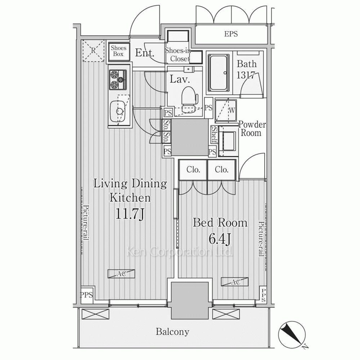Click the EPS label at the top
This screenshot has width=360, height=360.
pyautogui.click(x=231, y=34)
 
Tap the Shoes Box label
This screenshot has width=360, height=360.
pyautogui.click(x=118, y=51)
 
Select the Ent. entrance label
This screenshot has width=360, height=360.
pyautogui.click(x=144, y=53)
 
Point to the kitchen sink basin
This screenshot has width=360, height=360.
pyautogui.click(x=118, y=112)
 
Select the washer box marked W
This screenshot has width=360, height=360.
pyautogui.click(x=226, y=111)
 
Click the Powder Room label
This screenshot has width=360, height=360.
pyautogui.click(x=252, y=129)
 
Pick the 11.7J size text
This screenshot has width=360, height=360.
pyautogui.click(x=130, y=214)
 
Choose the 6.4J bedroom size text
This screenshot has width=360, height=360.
pyautogui.click(x=219, y=239)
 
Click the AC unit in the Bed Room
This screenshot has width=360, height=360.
pyautogui.click(x=235, y=282)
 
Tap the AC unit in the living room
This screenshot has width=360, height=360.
pyautogui.click(x=121, y=274)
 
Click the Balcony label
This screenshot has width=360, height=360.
pyautogui.click(x=172, y=332)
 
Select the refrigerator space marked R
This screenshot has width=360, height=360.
pyautogui.click(x=94, y=51)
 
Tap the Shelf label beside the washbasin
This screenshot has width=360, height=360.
pyautogui.click(x=215, y=135)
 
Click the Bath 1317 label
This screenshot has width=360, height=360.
pyautogui.click(x=246, y=69)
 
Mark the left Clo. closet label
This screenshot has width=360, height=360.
pyautogui.click(x=193, y=170)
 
